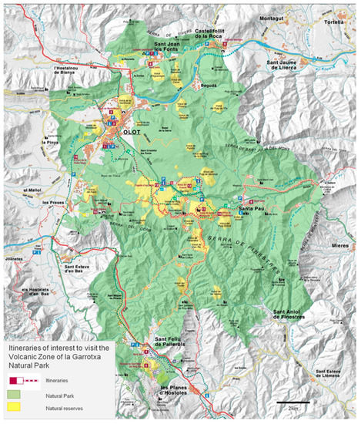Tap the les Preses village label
coord(55,204)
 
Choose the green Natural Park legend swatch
coord(15,392)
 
